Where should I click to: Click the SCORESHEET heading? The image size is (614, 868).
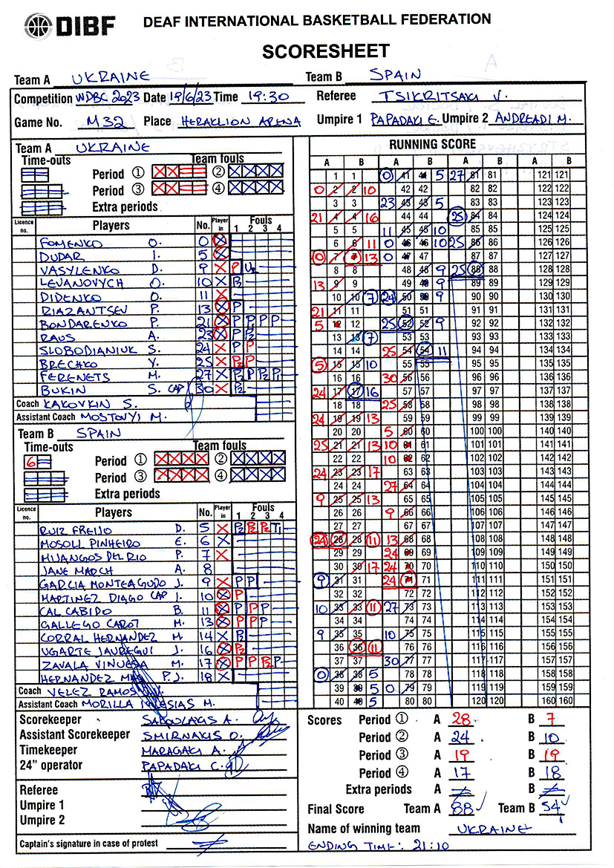tap(325, 50)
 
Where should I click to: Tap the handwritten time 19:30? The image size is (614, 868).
tap(262, 97)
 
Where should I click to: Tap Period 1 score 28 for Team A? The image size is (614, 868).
tap(463, 719)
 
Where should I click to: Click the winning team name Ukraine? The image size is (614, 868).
tap(494, 829)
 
